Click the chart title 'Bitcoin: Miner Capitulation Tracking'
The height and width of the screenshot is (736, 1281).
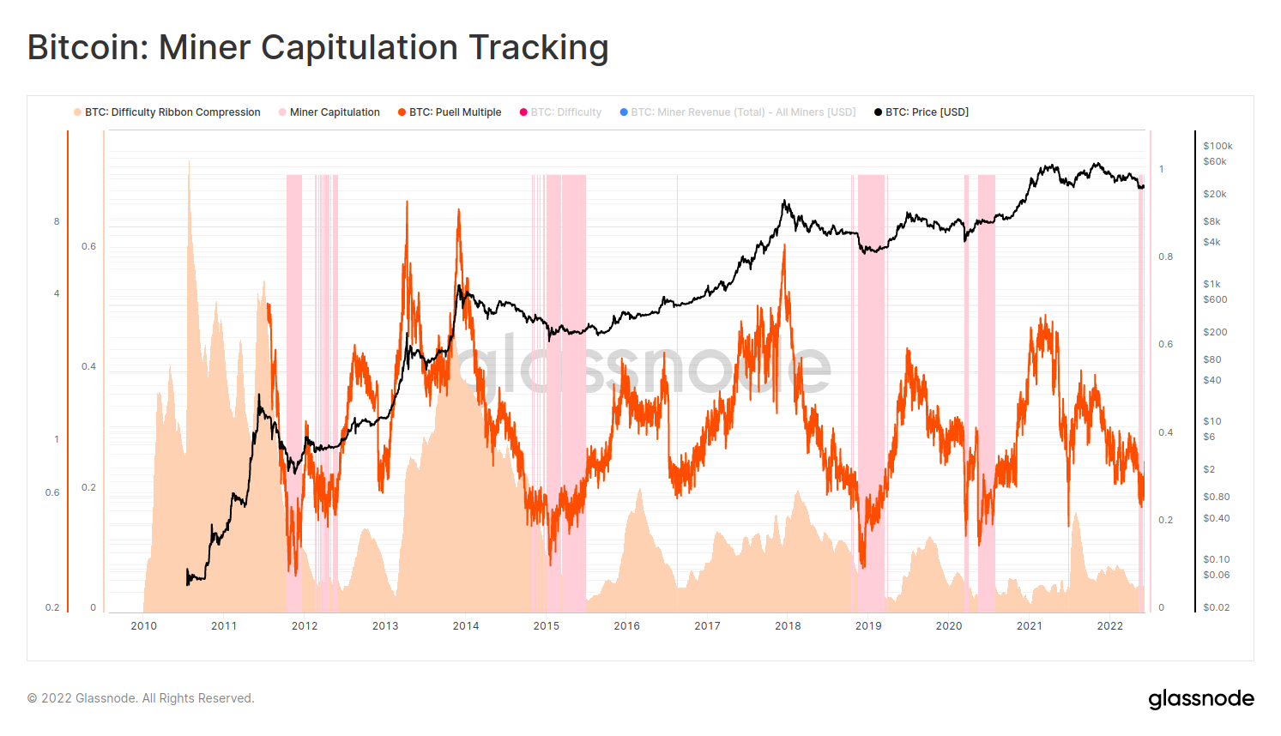317,48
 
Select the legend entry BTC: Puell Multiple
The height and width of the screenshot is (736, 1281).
455,112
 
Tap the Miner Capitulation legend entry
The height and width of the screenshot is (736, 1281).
334,112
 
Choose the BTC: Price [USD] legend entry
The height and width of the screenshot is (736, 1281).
926,112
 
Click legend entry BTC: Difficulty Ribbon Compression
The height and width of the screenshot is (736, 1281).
172,112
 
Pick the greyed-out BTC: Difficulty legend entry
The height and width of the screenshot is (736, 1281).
565,112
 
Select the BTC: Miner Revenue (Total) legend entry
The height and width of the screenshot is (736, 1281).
743,112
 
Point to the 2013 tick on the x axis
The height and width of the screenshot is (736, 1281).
385,626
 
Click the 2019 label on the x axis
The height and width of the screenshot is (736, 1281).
868,626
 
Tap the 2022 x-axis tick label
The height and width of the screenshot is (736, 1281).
1110,626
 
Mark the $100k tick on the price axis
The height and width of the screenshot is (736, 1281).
1218,146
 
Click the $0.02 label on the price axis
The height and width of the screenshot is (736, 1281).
1216,607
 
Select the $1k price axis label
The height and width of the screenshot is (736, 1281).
1212,284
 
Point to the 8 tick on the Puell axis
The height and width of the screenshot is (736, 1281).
57,221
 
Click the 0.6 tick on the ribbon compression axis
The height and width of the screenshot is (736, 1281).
89,246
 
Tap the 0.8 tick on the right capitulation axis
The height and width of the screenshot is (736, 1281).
1165,256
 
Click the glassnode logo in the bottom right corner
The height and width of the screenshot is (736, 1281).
1201,699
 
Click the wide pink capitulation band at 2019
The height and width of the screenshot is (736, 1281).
871,386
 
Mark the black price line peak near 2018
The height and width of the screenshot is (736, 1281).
784,202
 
